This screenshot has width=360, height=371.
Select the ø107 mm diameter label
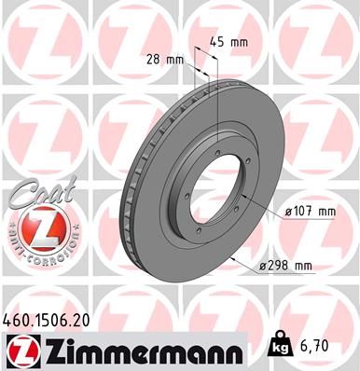(311, 212)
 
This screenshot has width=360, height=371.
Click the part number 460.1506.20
(49, 319)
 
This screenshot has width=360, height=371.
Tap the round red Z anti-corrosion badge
(36, 227)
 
